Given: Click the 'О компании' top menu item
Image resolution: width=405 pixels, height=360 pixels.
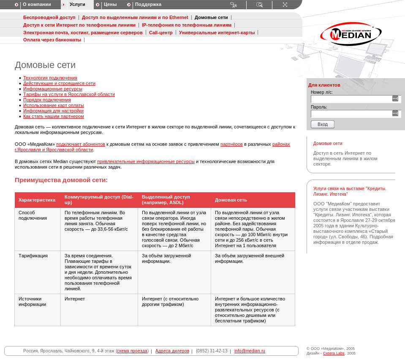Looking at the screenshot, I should (x=37, y=5).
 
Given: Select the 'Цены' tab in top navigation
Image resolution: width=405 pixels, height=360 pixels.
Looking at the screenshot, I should (x=110, y=5).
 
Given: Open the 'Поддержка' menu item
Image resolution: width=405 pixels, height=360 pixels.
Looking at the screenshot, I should (x=148, y=5).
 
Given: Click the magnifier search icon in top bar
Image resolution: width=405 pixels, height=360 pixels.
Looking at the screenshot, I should (x=259, y=5).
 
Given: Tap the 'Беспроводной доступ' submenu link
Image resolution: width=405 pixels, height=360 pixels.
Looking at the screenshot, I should (x=49, y=18).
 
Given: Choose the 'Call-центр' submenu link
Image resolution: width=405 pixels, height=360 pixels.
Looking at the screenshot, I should (x=161, y=33).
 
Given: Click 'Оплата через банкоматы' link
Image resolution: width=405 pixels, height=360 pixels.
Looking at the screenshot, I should (x=52, y=40).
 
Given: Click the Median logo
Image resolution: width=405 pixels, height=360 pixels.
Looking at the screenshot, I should (x=351, y=34).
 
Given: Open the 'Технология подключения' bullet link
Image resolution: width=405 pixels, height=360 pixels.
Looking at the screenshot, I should (x=50, y=78).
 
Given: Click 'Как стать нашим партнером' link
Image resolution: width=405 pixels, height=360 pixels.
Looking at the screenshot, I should (x=54, y=117).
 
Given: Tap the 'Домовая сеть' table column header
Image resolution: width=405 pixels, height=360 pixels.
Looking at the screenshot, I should (x=231, y=200).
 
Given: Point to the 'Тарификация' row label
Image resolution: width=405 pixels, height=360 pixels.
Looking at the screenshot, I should (x=33, y=256).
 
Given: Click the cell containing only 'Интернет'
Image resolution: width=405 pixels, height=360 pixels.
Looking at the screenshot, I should (x=75, y=299).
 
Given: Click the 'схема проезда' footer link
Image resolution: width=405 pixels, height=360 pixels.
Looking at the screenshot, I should (x=132, y=351).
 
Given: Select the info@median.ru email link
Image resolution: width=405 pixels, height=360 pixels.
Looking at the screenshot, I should (x=250, y=351).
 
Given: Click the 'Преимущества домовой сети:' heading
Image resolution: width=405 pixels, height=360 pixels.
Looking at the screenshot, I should (x=61, y=180).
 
